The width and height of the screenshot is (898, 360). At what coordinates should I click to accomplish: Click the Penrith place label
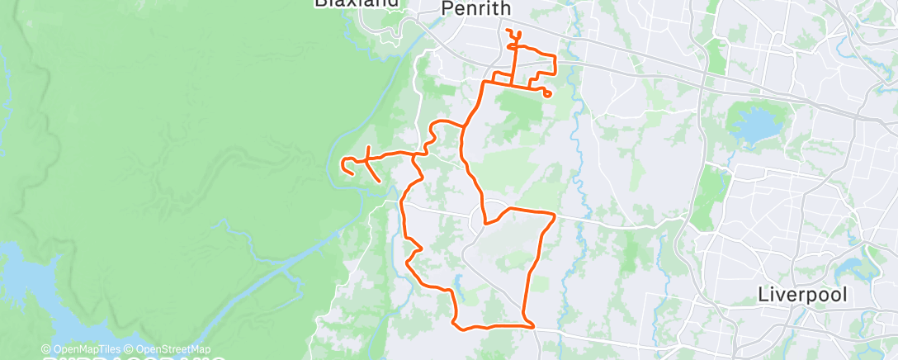click(476, 9)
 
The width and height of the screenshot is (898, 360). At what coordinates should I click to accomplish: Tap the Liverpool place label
click(801, 295)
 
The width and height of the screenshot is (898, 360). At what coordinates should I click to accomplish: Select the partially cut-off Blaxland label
click(357, 3)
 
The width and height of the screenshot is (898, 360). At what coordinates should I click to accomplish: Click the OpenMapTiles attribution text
click(83, 349)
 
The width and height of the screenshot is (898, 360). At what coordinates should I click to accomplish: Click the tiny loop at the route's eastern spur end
click(547, 94)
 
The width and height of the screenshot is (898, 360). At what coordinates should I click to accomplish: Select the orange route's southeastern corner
click(527, 324)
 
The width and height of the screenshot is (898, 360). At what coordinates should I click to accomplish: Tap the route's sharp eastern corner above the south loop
click(554, 216)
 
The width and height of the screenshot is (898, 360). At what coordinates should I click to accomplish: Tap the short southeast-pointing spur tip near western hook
click(379, 180)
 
